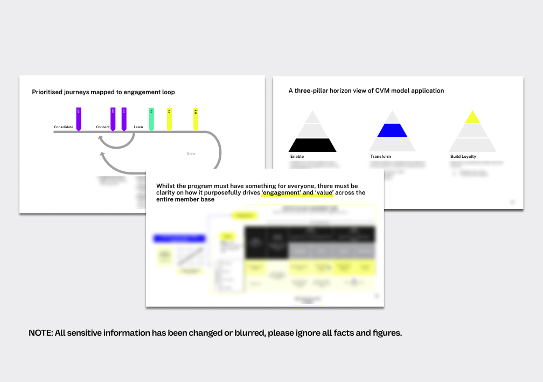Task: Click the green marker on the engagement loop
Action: (151, 119)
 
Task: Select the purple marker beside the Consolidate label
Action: (79, 119)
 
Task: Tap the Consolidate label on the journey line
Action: (64, 127)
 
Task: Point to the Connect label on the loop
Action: (103, 127)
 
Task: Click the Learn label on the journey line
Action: (138, 127)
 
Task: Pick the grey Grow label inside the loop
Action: (191, 154)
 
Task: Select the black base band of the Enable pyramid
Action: (312, 145)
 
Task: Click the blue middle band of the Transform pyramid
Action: (392, 130)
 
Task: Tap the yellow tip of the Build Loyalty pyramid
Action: (472, 117)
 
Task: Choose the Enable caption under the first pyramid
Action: (297, 157)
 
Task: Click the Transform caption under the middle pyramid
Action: (380, 157)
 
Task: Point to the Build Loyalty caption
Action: (463, 157)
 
